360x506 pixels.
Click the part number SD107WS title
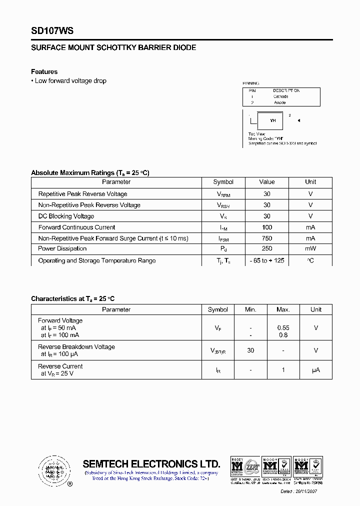[x=52, y=31]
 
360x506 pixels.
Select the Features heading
[x=44, y=71]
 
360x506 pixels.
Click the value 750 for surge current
[x=266, y=238]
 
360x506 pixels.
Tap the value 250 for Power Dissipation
[x=266, y=248]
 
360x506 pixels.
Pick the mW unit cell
[x=310, y=248]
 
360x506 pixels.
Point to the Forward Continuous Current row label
[x=76, y=227]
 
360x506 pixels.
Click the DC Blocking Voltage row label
[x=66, y=216]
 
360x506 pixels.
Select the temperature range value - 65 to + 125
[x=266, y=260]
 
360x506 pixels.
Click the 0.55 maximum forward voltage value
[x=283, y=328]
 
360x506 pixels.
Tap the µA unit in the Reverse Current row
[x=316, y=370]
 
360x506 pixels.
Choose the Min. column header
[x=250, y=309]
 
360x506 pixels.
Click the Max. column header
[x=283, y=309]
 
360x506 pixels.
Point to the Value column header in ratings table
[x=266, y=182]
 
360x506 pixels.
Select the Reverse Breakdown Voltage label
[x=76, y=346]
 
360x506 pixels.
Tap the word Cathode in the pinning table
[x=280, y=96]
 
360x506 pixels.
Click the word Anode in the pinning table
[x=279, y=102]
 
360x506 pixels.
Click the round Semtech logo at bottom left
[x=52, y=470]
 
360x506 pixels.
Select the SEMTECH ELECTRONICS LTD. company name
[x=151, y=463]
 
